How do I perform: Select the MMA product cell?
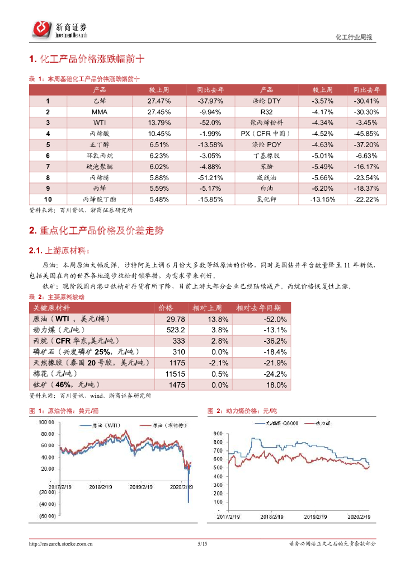point(99,112)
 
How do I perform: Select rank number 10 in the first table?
point(48,199)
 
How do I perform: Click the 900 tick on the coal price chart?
point(218,433)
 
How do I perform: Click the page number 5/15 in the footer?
point(202,543)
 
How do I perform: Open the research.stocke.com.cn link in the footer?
point(62,543)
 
